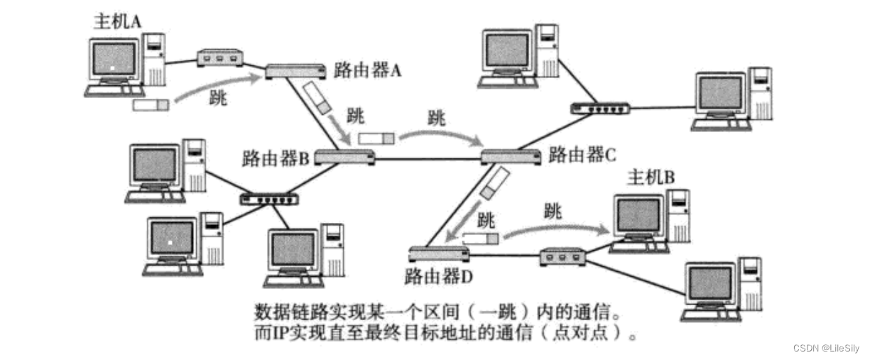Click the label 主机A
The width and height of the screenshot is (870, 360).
coord(118,21)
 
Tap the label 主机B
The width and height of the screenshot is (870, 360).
coord(650,178)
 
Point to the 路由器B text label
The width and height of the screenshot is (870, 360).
coord(275,156)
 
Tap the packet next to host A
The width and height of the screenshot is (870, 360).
coord(151,105)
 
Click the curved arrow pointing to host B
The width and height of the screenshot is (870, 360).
coord(558,229)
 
